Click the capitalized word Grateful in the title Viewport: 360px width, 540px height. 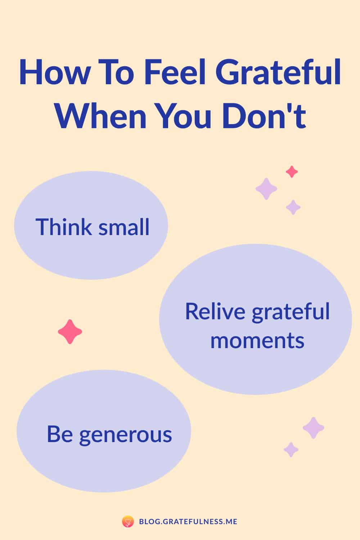278,72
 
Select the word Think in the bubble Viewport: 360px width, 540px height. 64,226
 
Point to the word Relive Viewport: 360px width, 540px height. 215,311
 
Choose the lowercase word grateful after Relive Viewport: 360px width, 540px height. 291,312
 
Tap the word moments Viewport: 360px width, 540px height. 257,341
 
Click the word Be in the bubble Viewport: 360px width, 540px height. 60,434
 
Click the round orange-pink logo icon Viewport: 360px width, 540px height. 128,522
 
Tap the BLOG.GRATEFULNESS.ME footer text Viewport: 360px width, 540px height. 188,522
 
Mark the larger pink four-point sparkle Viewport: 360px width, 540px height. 70,332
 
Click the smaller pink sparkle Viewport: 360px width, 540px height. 292,172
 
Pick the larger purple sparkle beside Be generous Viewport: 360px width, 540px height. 314,428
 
